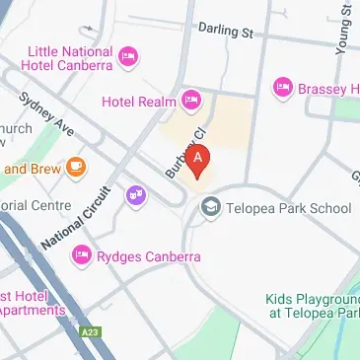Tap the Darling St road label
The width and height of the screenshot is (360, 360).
click(x=224, y=32)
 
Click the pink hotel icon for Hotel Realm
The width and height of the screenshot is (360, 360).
click(x=191, y=100)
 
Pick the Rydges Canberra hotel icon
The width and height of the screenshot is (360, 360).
click(x=82, y=256)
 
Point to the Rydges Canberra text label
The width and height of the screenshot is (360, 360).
click(x=149, y=257)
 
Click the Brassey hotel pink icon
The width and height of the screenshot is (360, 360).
click(x=282, y=87)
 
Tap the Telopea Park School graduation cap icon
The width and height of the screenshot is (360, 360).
click(x=209, y=207)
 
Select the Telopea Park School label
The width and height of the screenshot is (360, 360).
click(x=289, y=208)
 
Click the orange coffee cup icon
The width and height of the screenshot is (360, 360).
click(x=76, y=168)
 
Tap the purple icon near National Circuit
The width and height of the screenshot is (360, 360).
click(x=135, y=196)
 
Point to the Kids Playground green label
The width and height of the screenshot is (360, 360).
click(x=312, y=306)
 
